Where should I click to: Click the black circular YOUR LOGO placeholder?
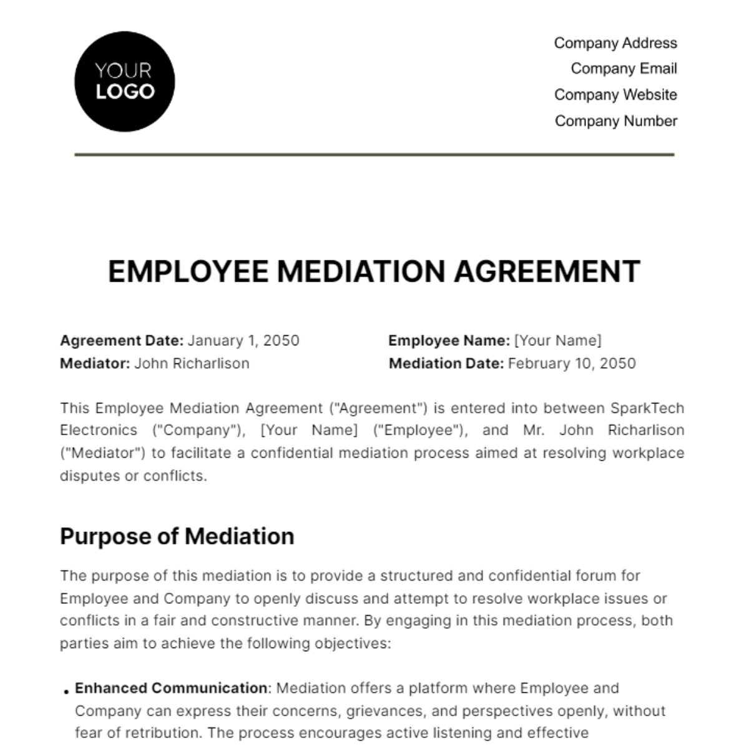click(125, 82)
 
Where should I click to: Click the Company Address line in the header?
click(615, 43)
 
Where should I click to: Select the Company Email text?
click(624, 69)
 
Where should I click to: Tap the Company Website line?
click(615, 95)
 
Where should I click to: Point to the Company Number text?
click(615, 121)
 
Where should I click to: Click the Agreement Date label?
click(122, 341)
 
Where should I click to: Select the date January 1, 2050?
click(243, 341)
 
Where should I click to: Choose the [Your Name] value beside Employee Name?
click(557, 341)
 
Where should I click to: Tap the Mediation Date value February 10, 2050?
click(572, 363)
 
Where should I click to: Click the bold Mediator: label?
click(95, 363)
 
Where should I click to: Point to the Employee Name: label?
click(449, 341)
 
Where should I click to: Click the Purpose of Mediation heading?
click(177, 536)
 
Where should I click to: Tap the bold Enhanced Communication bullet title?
click(171, 688)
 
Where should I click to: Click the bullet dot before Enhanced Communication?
click(66, 691)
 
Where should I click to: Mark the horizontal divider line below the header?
click(374, 154)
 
